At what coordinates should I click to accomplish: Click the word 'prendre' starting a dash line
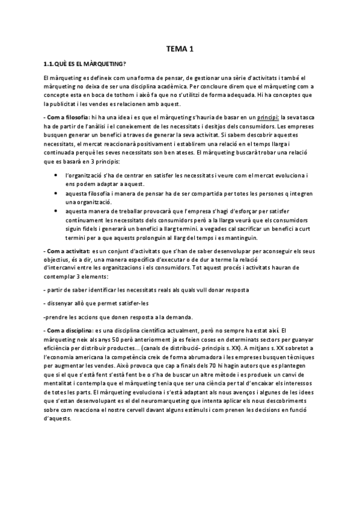58,317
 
